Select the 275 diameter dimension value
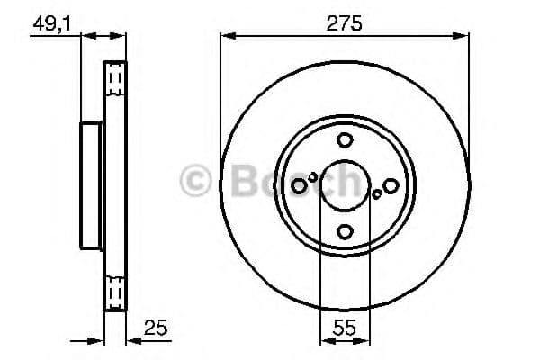coord(345,23)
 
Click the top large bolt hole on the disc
coord(345,140)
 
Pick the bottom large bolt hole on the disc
coord(345,231)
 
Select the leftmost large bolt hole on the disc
coord(299,185)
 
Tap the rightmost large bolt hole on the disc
coord(391,185)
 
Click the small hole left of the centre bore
coord(312,177)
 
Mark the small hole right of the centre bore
coord(377,193)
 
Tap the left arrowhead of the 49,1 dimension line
coord(87,36)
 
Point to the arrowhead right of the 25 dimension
coord(130,340)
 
